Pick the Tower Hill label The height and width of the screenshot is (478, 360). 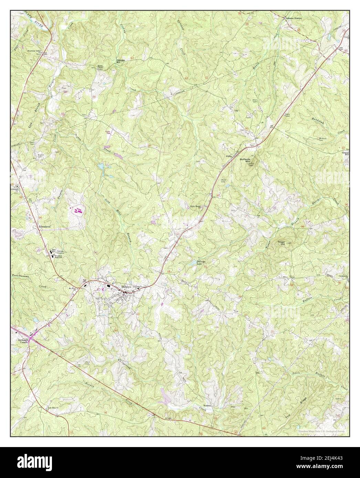pyautogui.click(x=282, y=243)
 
